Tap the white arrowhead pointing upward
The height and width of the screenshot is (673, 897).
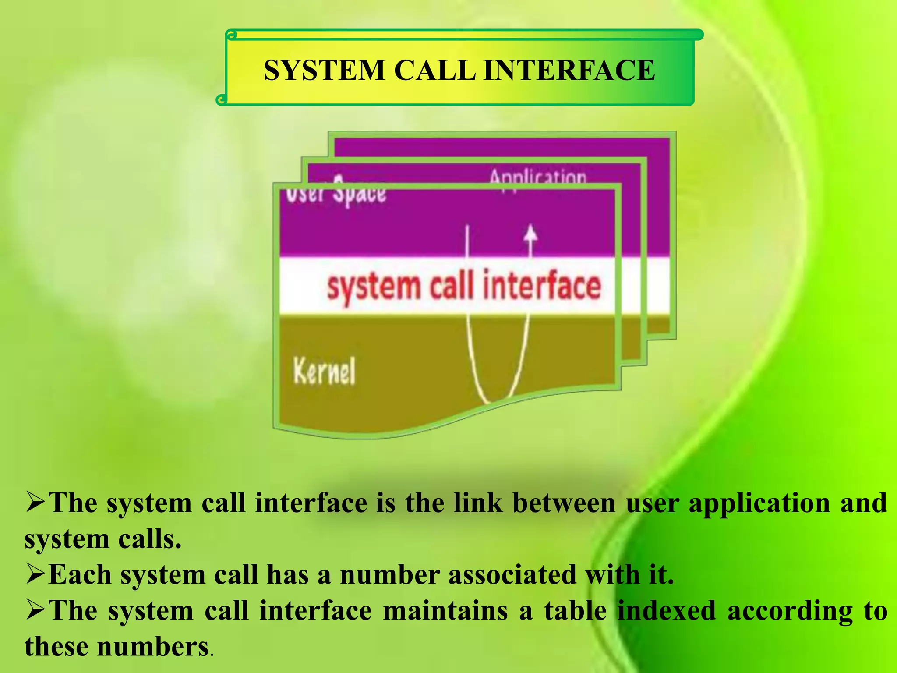click(x=531, y=232)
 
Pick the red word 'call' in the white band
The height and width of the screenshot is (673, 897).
click(x=452, y=286)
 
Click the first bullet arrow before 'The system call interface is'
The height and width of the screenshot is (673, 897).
click(x=35, y=502)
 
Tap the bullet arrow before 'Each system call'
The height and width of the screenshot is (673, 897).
click(x=35, y=574)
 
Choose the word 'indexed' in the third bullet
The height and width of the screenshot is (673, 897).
click(x=667, y=611)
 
